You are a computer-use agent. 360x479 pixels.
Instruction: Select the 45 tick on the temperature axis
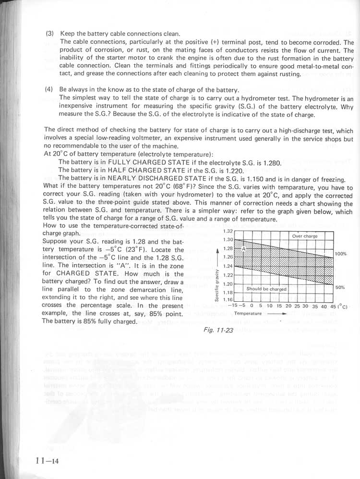332,306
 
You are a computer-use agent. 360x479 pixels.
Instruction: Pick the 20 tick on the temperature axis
288,306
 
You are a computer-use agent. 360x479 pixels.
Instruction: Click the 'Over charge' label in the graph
305,236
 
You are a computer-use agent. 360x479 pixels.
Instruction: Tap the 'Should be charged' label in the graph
266,289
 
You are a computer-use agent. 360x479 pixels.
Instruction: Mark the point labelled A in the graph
243,249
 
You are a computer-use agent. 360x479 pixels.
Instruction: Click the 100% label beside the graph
341,254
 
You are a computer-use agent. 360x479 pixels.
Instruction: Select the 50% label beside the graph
340,287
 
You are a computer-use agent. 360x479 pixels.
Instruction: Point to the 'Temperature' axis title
248,313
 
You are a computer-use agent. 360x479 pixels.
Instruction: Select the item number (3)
49,34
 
